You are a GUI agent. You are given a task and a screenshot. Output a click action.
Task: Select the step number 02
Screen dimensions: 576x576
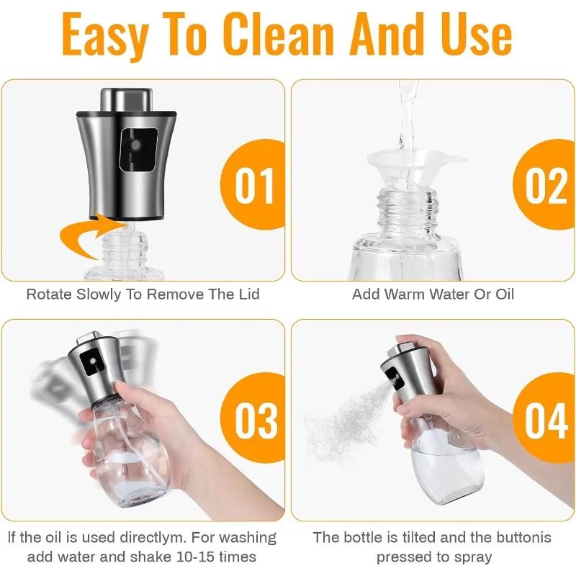pos(546,186)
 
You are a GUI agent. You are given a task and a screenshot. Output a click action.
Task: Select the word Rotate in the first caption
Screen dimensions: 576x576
pos(48,294)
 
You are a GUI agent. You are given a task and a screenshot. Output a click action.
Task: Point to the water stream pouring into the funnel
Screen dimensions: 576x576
pos(407,115)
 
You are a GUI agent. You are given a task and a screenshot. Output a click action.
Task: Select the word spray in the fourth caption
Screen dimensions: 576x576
pos(472,557)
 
